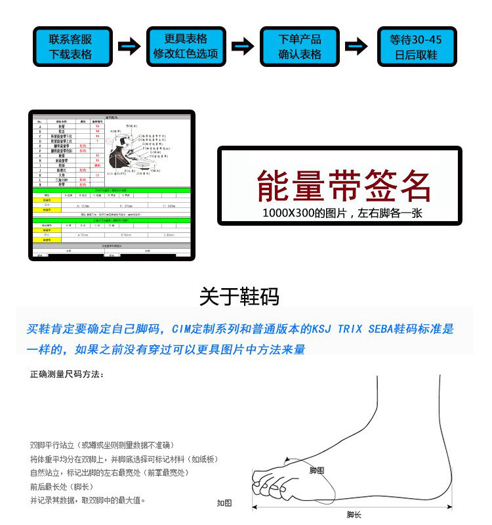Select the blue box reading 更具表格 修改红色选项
click(x=185, y=46)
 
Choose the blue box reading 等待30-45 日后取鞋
click(x=416, y=46)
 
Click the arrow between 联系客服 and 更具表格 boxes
click(x=128, y=46)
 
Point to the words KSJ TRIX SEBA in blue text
click(x=351, y=329)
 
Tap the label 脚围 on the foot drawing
click(x=317, y=471)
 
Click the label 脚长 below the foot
click(x=355, y=515)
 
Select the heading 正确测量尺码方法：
click(x=67, y=375)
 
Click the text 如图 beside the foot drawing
click(x=224, y=503)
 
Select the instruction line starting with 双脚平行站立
click(x=104, y=445)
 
